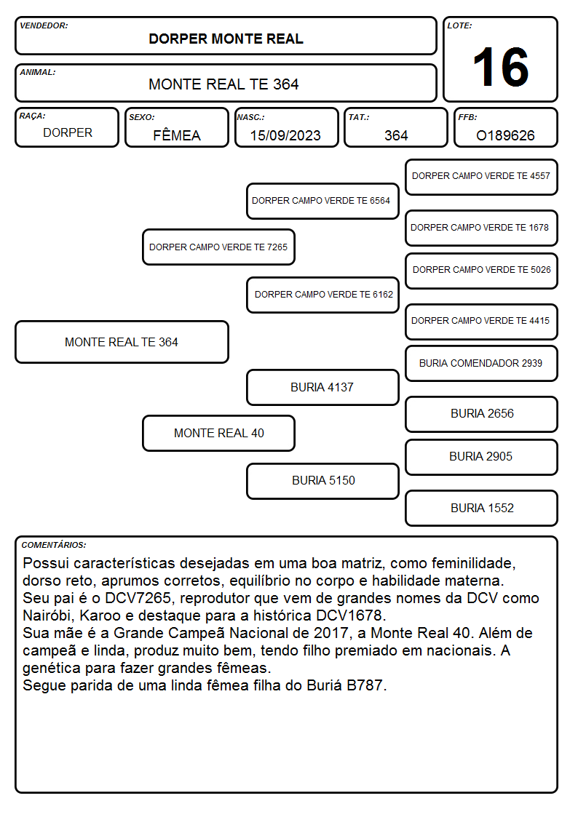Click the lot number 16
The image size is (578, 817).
point(500,67)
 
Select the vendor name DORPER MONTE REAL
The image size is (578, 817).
point(226,39)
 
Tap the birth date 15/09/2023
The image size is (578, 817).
point(285,135)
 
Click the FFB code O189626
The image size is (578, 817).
point(505,135)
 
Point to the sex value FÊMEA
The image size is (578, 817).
point(177,135)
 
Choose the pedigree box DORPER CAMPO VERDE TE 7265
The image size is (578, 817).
point(218,247)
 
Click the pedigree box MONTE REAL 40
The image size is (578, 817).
point(218,433)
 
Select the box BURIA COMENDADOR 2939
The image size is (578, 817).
point(481,363)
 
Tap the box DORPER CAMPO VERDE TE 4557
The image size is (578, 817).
point(481,177)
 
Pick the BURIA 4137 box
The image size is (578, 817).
point(322,387)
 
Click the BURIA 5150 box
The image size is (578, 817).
point(322,481)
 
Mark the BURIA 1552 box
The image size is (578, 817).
point(481,508)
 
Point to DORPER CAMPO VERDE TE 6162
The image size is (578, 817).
point(322,295)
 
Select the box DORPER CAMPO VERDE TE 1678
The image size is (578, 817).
point(481,228)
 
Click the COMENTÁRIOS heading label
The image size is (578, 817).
point(54,545)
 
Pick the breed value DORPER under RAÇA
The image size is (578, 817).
point(68,133)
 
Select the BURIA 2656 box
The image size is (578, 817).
point(481,414)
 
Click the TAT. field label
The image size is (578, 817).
point(359,117)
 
